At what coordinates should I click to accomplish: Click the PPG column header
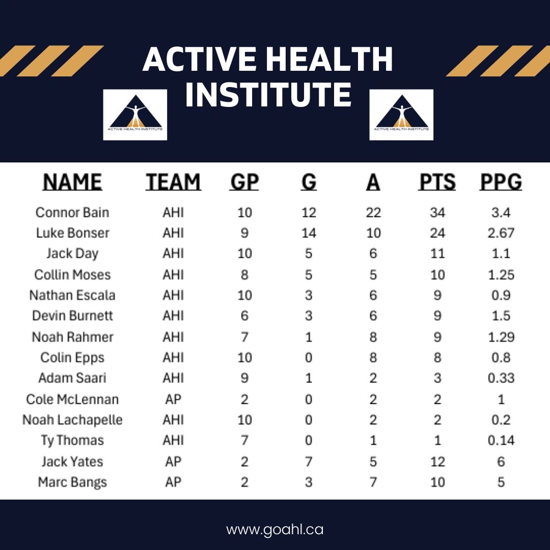(501, 182)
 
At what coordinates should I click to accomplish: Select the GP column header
(244, 182)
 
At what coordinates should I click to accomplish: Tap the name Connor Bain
(72, 212)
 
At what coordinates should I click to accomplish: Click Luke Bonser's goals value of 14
(309, 233)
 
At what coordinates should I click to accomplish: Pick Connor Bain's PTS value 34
(437, 212)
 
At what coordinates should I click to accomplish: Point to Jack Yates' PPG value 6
(501, 461)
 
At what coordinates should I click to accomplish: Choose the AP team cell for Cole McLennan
(173, 399)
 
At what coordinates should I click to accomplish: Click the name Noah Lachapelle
(72, 420)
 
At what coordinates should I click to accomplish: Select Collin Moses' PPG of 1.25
(501, 274)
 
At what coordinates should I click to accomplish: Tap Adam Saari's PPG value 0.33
(501, 378)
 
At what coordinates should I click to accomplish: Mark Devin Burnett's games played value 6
(244, 316)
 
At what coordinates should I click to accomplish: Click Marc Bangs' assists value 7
(373, 482)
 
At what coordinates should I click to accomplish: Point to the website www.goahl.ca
(274, 529)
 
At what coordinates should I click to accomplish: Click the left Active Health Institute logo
(135, 115)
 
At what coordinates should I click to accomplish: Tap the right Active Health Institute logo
(401, 115)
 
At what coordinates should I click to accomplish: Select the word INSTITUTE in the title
(268, 94)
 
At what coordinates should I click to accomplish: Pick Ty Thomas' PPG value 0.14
(501, 440)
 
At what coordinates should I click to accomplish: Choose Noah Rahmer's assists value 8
(373, 337)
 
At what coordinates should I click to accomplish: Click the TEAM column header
(173, 182)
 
